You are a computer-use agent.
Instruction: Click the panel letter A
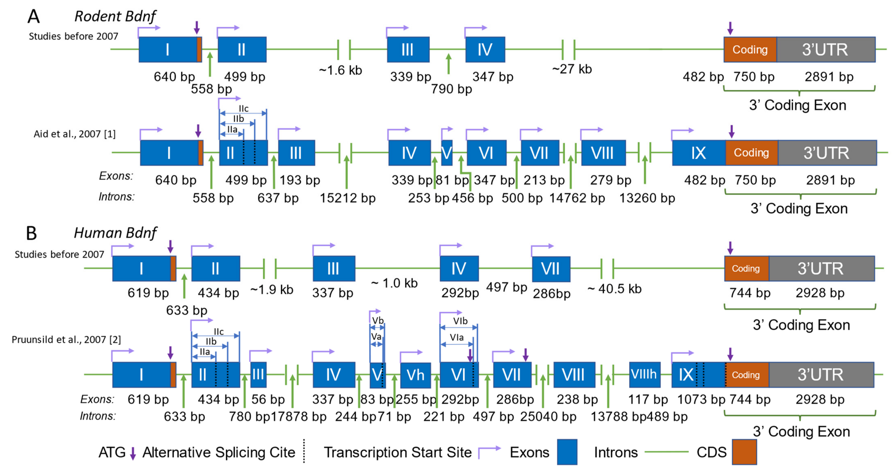[34, 16]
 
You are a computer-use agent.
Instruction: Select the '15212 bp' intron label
[347, 198]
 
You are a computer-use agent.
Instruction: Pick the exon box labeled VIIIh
[644, 374]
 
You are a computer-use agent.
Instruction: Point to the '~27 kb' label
[572, 69]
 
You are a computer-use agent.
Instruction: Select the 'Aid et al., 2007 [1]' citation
[74, 134]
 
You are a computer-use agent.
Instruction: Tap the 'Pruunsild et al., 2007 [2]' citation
[66, 339]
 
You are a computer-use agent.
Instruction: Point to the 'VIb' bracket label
[460, 321]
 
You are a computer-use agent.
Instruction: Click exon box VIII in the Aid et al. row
[603, 153]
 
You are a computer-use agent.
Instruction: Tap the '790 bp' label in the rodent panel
[451, 89]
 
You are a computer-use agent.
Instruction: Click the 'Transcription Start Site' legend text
[398, 452]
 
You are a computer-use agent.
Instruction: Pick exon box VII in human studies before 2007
[551, 269]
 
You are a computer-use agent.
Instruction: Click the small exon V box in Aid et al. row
[447, 153]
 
